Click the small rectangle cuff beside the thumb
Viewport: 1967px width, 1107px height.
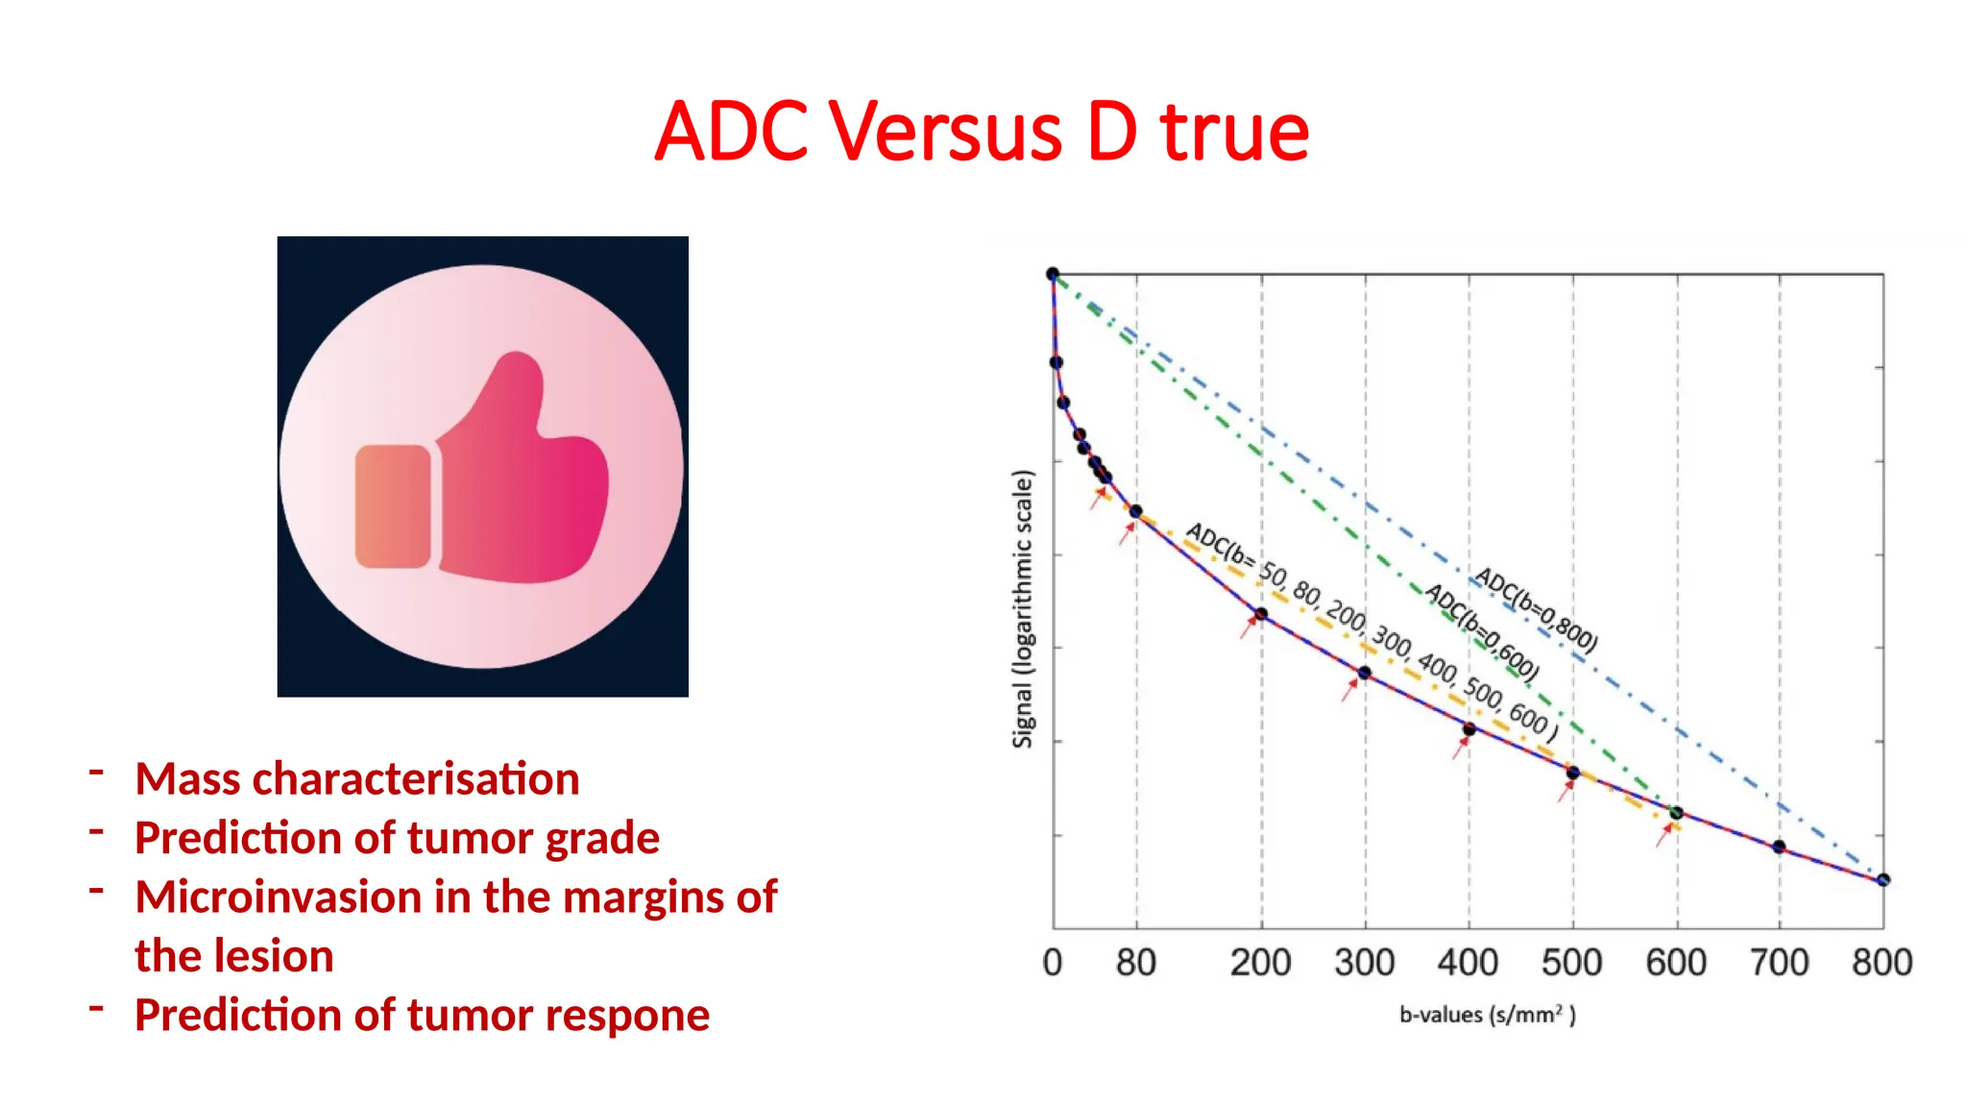click(x=393, y=506)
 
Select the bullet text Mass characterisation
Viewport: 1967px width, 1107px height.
click(x=357, y=778)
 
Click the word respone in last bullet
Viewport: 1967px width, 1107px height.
click(x=635, y=1015)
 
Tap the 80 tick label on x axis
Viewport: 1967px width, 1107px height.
click(x=1135, y=962)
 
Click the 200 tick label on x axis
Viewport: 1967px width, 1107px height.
click(x=1260, y=962)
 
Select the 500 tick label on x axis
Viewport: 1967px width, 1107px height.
click(x=1571, y=962)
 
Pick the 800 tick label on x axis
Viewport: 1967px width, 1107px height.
click(x=1882, y=962)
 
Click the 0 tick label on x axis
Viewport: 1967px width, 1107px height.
click(x=1053, y=962)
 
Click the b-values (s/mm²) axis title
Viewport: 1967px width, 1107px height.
click(x=1487, y=1015)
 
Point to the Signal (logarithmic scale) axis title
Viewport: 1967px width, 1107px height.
click(x=1023, y=608)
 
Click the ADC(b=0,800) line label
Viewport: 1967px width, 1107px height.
click(x=1536, y=610)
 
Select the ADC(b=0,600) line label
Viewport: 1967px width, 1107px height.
click(x=1482, y=631)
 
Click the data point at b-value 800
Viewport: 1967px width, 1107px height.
click(x=1882, y=879)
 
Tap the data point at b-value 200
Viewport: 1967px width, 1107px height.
click(x=1261, y=614)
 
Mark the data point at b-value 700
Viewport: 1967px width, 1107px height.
click(x=1779, y=847)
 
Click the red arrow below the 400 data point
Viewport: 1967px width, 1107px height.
click(x=1460, y=747)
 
